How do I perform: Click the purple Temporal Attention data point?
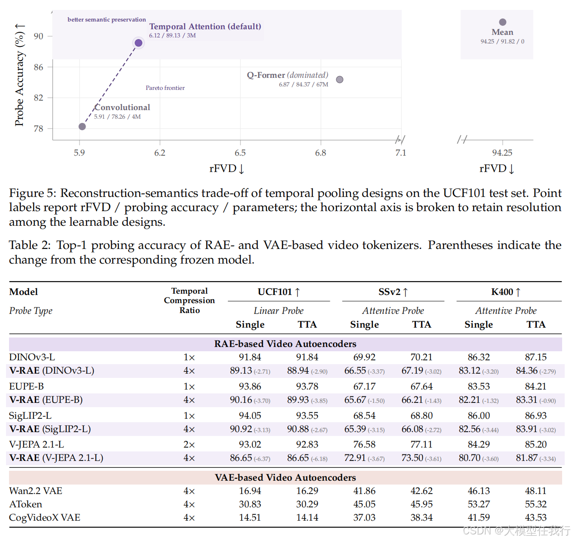click(138, 43)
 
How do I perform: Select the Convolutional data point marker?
click(82, 126)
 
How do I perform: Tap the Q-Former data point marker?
click(340, 80)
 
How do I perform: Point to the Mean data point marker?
click(503, 22)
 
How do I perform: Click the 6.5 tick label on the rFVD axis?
click(240, 153)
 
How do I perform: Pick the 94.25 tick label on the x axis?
click(502, 153)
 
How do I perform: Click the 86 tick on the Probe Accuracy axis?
click(39, 67)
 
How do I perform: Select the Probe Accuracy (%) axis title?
click(20, 75)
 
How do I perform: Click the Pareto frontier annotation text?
click(165, 88)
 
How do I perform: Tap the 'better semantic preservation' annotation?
click(107, 20)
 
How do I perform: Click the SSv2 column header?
click(393, 292)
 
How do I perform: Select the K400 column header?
click(506, 292)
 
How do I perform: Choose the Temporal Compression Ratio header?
click(190, 301)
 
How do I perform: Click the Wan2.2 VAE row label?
click(36, 491)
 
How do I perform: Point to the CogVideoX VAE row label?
click(45, 518)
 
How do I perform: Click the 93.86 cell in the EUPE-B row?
click(250, 387)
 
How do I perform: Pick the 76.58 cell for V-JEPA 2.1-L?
click(364, 445)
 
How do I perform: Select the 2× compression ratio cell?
click(189, 445)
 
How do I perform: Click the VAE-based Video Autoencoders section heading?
click(286, 478)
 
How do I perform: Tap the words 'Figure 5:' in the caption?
click(32, 193)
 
